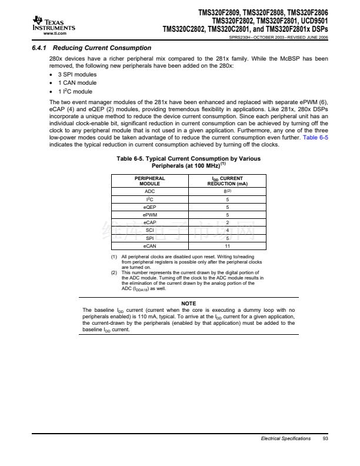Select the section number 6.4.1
(x=40, y=48)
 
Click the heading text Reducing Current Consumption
(x=101, y=48)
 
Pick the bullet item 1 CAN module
(x=77, y=84)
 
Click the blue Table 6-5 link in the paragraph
(x=315, y=137)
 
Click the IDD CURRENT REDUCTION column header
(x=228, y=181)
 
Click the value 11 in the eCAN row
(x=228, y=246)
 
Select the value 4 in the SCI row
(x=228, y=231)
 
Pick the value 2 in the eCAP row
(x=228, y=223)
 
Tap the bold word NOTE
(x=188, y=303)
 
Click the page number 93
(x=325, y=438)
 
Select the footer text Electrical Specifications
(x=286, y=438)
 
